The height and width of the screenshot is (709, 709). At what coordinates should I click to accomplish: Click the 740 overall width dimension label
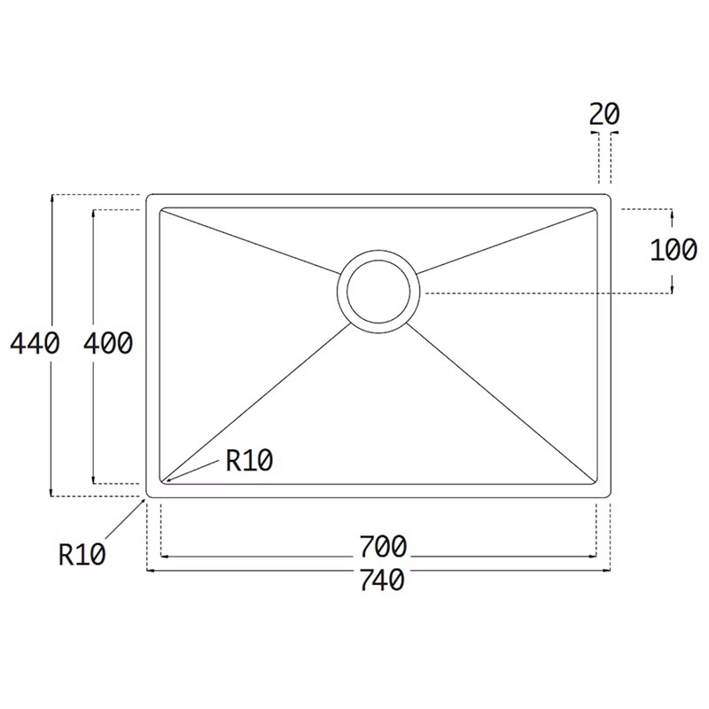[383, 580]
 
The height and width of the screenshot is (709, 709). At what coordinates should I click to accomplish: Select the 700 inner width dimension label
[383, 543]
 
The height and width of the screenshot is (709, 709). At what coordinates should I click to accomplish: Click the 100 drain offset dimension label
[674, 251]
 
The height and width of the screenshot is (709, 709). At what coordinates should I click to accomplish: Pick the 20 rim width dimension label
[604, 113]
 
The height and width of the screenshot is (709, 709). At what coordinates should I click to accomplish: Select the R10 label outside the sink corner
[82, 555]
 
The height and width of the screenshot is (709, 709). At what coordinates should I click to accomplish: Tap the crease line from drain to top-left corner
[248, 239]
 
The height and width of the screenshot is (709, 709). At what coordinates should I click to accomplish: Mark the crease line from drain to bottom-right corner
[505, 407]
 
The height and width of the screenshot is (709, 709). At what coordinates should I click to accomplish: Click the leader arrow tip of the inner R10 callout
[166, 481]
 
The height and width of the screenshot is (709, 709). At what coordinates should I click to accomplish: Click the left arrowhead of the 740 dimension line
[148, 570]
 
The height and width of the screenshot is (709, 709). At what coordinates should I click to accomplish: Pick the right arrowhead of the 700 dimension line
[594, 557]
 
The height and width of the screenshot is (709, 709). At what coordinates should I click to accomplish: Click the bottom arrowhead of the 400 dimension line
[94, 480]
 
